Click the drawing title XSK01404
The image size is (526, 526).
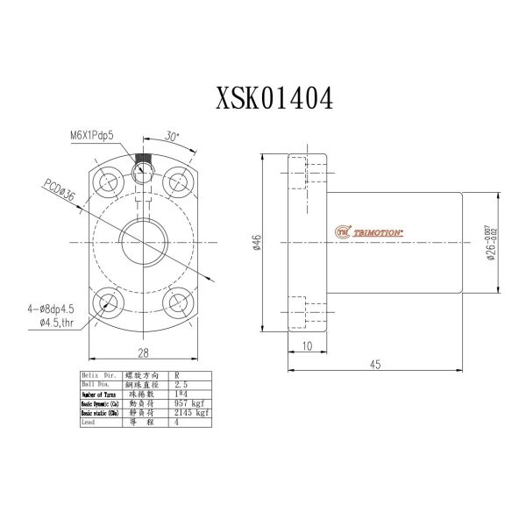274,99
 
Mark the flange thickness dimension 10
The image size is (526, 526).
307,347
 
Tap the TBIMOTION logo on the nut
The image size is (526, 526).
370,232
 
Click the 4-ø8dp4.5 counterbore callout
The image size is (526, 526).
52,308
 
